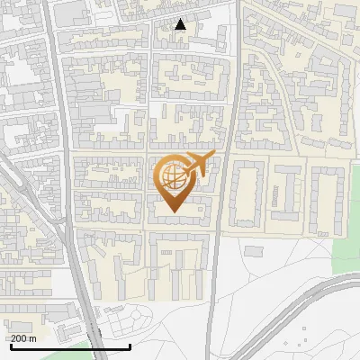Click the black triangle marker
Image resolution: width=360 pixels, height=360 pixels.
pos(181,24)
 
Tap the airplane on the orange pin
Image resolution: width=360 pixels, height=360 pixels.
pos(194,166)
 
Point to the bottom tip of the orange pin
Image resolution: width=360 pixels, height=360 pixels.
pos(173,212)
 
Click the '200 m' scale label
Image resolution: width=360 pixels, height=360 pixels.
pos(23,337)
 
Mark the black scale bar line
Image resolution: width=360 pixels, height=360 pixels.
pos(69,346)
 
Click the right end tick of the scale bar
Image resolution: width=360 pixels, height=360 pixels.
pos(130,345)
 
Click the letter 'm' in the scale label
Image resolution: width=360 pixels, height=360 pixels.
pos(33,337)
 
